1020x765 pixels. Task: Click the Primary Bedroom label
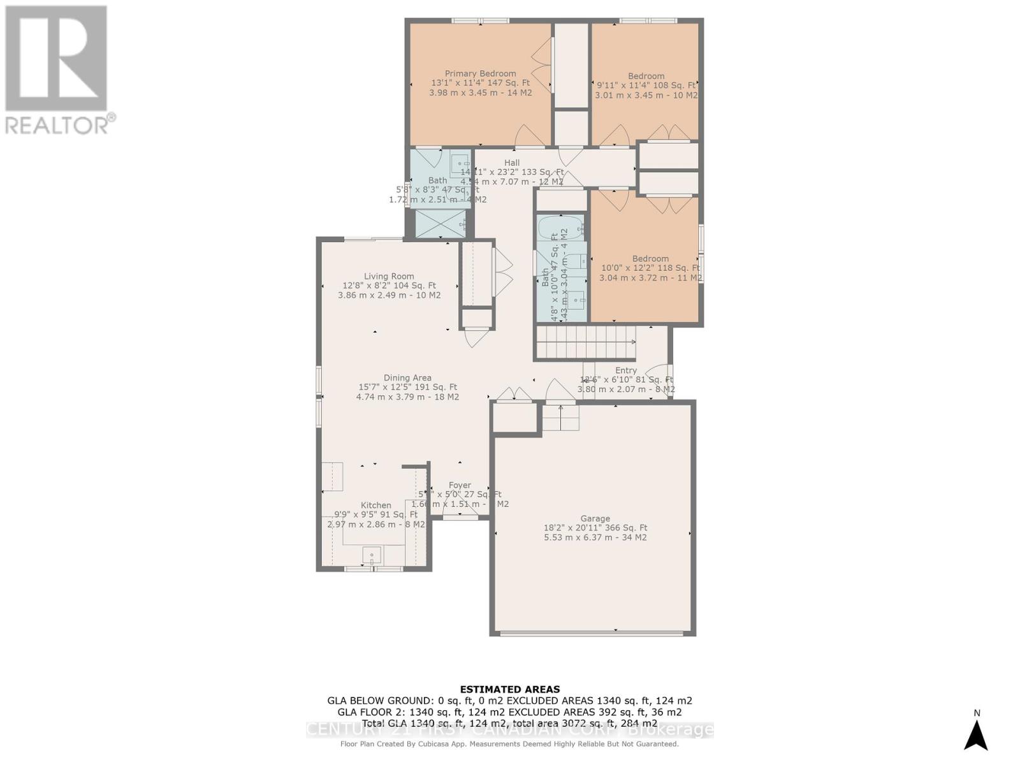coord(480,73)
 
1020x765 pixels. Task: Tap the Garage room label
coord(595,518)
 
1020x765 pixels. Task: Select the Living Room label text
coord(389,276)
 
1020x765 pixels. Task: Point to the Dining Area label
coord(407,377)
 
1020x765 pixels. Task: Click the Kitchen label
coord(375,505)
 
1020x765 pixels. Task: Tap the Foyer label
coord(460,485)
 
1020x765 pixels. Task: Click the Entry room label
coord(625,370)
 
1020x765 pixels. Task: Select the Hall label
coord(512,163)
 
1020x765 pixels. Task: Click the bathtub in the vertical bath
coord(560,226)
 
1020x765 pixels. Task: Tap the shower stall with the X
coord(441,224)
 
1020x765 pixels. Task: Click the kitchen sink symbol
coord(372,555)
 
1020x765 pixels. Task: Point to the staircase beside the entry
coord(585,342)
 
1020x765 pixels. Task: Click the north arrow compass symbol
coord(975,734)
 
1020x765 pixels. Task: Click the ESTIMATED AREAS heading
coord(510,689)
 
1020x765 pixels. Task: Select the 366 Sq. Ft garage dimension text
coord(595,528)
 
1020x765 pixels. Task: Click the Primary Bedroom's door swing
coord(529,135)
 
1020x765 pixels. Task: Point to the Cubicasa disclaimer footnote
coord(510,744)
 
